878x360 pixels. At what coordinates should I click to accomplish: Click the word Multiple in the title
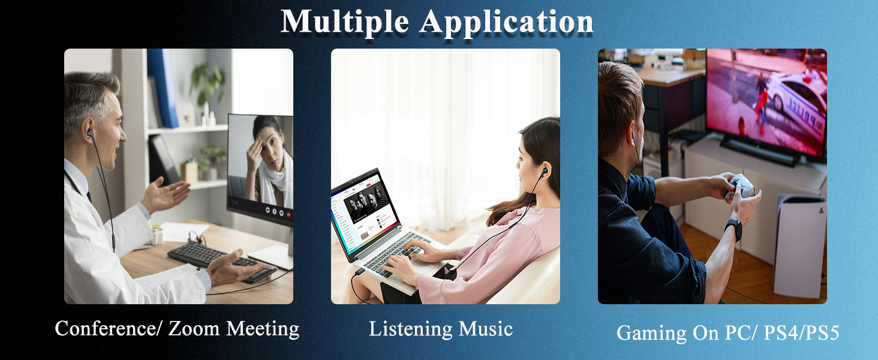click(345, 22)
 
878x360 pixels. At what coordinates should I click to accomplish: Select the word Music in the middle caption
click(485, 329)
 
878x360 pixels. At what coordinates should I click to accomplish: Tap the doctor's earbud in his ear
click(90, 133)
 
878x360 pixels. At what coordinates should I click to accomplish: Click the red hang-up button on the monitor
click(288, 212)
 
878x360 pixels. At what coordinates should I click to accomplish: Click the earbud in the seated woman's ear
click(543, 172)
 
